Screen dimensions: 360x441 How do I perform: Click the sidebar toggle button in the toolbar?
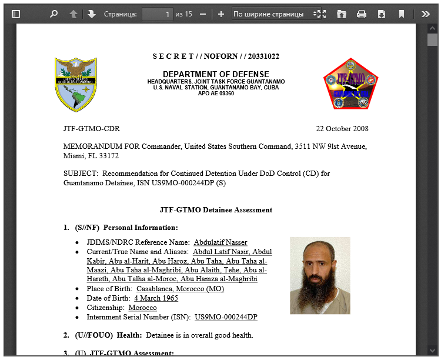pos(16,14)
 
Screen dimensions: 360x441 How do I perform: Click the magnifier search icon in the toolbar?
pos(54,14)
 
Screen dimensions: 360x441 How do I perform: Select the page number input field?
pos(157,14)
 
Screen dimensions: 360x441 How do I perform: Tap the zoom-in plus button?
pos(221,14)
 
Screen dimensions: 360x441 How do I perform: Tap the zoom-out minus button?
pos(203,14)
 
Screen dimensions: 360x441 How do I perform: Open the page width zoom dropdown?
pos(276,14)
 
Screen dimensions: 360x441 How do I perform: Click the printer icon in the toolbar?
pos(362,14)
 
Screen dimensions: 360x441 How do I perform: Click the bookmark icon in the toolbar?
pos(402,14)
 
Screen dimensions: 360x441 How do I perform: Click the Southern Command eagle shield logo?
pos(75,85)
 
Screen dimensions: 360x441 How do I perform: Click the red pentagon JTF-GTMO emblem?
pos(351,84)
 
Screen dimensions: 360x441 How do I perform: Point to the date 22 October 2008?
pos(342,129)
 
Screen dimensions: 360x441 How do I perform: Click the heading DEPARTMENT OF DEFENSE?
pos(216,74)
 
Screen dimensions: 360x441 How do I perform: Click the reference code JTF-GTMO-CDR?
pos(91,129)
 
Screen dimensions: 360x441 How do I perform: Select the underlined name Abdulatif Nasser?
pos(220,242)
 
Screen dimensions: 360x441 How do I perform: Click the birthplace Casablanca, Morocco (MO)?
pos(180,289)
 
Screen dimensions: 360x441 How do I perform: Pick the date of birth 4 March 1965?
pos(156,298)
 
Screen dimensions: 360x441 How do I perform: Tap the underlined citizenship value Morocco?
pos(142,308)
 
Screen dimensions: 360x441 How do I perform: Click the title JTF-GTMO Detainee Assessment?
pos(216,210)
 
